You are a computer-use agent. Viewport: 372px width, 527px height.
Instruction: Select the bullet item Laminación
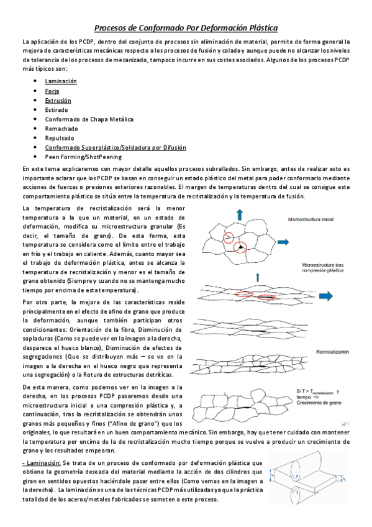pos(60,81)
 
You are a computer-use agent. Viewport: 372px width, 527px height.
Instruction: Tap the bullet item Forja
pos(52,91)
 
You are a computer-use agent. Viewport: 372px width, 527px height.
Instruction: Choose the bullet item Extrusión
pos(58,100)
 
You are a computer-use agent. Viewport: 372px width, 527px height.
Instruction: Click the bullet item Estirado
pos(56,109)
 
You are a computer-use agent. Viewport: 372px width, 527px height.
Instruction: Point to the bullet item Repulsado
pos(59,138)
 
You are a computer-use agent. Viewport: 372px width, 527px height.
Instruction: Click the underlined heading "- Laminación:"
pos(41,463)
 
